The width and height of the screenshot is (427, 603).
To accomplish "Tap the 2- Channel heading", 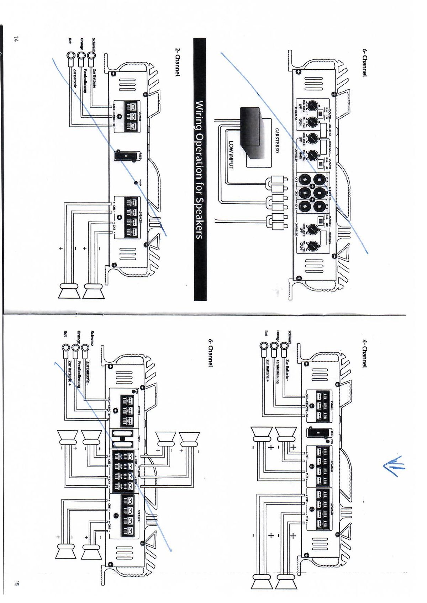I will [x=177, y=62].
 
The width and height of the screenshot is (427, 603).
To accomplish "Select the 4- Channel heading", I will [x=364, y=354].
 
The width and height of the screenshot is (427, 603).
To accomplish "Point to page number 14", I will [x=15, y=39].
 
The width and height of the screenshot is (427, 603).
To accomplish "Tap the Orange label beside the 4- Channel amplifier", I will [x=278, y=337].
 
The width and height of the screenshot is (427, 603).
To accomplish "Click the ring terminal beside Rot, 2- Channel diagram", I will [x=70, y=56].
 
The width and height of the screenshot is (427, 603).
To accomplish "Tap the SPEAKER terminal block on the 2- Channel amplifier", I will [x=130, y=217].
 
